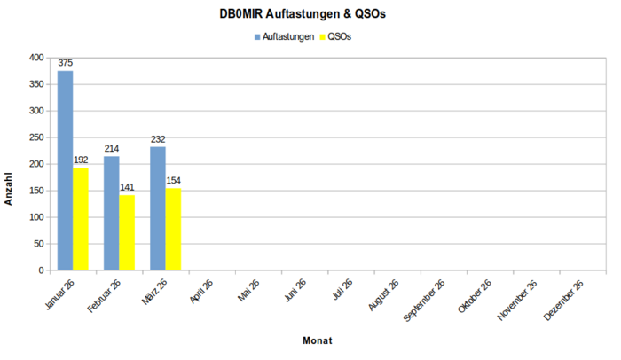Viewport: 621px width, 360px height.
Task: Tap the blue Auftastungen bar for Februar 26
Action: coord(111,213)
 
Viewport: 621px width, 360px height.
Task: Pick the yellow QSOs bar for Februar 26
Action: coord(127,232)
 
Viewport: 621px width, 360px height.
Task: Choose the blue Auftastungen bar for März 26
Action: coord(158,208)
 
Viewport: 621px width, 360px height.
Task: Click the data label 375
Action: coord(65,64)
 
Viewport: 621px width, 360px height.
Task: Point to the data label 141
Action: coord(127,188)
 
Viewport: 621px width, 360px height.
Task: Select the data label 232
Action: coord(158,139)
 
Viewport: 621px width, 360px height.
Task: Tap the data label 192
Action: coord(81,160)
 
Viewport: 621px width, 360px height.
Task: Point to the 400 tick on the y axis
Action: coord(36,58)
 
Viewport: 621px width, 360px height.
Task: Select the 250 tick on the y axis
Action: coord(36,137)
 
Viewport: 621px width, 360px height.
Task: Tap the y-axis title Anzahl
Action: coord(9,188)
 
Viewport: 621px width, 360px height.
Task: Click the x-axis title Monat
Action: coord(317,340)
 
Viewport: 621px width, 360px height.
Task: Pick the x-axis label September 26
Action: coord(425,301)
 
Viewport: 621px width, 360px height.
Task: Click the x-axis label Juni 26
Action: coord(294,292)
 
